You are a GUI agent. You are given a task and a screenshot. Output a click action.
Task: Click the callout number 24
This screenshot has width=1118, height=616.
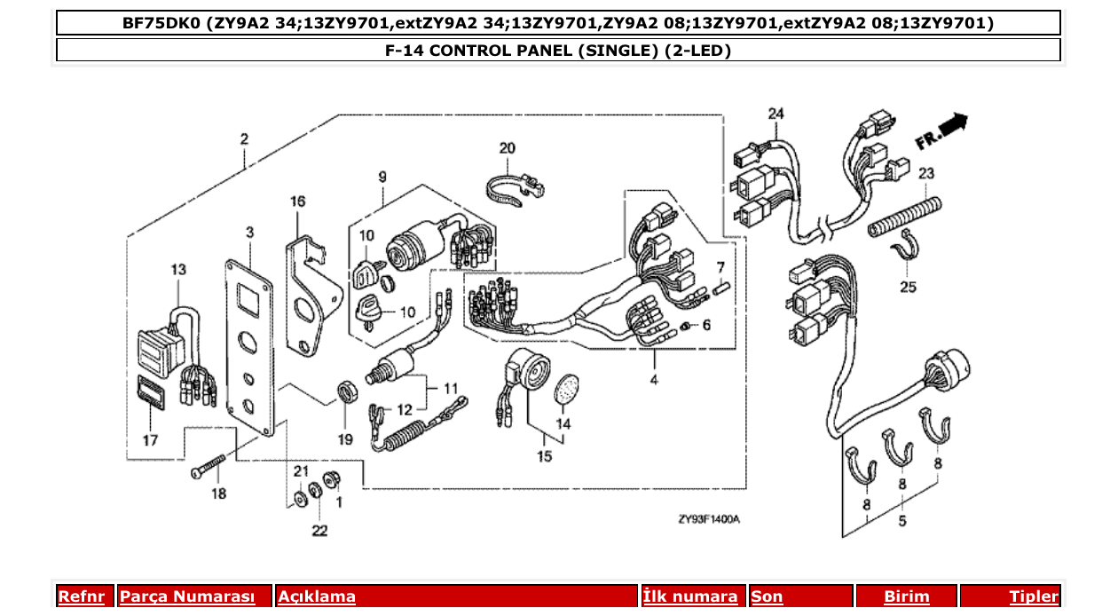pos(776,115)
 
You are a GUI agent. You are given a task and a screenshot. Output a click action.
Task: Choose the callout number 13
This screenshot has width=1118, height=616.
pos(178,269)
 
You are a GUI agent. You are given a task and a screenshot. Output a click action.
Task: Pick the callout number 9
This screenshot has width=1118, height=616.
pos(382,178)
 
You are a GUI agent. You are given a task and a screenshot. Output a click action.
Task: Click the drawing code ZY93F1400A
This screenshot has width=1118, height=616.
pos(709,519)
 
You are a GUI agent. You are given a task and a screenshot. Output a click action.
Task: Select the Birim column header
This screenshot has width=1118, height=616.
pos(906,596)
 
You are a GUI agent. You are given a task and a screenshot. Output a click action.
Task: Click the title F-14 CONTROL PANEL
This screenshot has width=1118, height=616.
pos(558,51)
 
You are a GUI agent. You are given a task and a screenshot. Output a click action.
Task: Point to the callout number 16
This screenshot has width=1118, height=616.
pos(297,202)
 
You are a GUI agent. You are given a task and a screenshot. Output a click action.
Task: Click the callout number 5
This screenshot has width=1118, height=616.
pos(902,521)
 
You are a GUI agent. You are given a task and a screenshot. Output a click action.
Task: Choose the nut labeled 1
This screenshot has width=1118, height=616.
pos(335,480)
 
